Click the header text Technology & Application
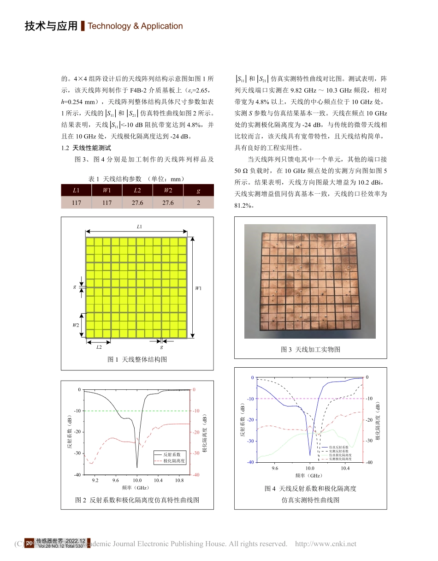click(135, 26)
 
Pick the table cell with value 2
click(199, 203)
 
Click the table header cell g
click(199, 190)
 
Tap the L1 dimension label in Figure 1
click(139, 227)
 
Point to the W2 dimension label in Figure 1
click(76, 325)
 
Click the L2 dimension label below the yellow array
click(99, 347)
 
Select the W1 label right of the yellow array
click(198, 288)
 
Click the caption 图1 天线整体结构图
click(137, 359)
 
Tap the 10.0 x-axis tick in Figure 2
click(137, 480)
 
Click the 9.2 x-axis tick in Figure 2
click(95, 480)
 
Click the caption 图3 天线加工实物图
click(310, 349)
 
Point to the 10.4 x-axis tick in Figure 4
click(345, 468)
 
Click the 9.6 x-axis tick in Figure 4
click(275, 468)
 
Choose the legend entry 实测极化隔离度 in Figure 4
click(341, 459)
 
